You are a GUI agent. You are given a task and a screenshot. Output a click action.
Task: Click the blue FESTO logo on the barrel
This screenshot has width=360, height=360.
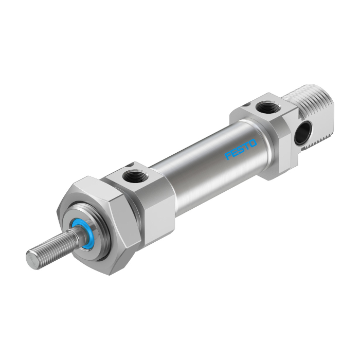(240, 149)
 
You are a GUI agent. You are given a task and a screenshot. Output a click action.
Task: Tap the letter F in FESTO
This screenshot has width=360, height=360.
(228, 156)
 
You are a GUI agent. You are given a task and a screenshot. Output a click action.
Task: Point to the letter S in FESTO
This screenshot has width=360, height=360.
(240, 149)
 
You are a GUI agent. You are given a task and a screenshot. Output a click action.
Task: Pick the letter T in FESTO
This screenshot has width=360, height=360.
(246, 146)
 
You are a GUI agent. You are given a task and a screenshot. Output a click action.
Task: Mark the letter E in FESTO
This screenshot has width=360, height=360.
(235, 153)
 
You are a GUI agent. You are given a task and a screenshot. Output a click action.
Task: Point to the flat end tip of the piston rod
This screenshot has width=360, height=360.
(32, 259)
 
